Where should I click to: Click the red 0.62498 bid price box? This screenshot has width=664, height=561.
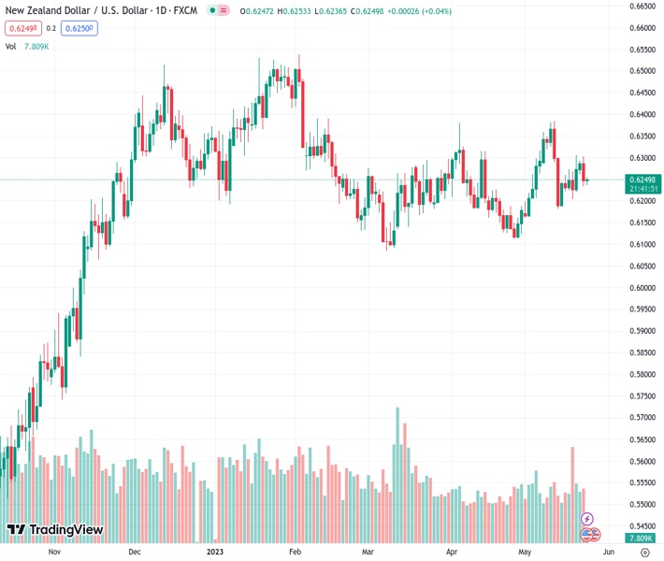click(23, 28)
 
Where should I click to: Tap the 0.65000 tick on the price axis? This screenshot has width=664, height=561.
click(642, 71)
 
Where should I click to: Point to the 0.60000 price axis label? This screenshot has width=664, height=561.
click(642, 288)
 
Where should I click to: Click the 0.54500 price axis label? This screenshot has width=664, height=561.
click(642, 526)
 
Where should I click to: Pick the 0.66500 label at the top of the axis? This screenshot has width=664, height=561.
click(642, 6)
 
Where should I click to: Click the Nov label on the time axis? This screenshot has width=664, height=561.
click(53, 552)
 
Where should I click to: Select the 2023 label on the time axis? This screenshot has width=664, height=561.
click(214, 552)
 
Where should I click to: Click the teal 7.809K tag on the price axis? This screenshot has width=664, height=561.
click(642, 539)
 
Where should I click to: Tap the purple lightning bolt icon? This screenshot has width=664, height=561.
click(587, 519)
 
